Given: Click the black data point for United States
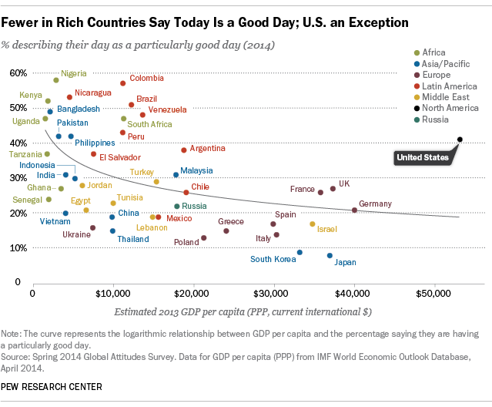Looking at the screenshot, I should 460,140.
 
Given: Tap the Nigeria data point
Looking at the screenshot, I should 56,80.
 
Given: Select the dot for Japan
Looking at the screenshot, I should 330,256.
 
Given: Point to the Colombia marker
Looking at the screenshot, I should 123,83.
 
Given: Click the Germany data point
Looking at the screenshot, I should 354,210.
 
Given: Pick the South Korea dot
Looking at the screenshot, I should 300,253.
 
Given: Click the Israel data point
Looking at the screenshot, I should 313,224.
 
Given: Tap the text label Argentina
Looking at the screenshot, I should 207,148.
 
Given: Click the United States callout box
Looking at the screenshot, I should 421,158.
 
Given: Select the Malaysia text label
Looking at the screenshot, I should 196,170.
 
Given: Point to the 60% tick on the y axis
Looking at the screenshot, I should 18,73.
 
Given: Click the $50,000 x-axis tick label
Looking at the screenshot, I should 434,294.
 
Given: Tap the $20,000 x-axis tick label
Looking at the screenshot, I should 193,294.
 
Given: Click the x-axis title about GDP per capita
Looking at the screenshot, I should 243,312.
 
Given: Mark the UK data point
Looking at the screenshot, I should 333,189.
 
